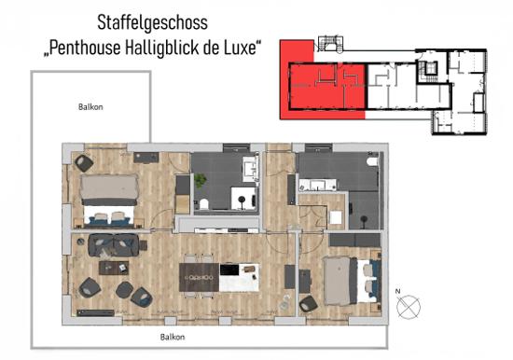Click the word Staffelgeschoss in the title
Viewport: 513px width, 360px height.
(x=152, y=23)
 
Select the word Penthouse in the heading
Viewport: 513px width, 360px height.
(x=84, y=48)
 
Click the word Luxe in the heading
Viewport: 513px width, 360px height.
(x=242, y=48)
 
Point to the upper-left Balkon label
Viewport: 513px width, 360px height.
(x=90, y=107)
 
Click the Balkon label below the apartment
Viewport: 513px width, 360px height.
(x=173, y=337)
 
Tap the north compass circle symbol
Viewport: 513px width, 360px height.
(x=409, y=307)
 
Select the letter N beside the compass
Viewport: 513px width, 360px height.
(x=398, y=291)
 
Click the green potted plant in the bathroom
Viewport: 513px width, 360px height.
(x=201, y=180)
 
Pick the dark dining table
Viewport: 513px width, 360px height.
(x=199, y=277)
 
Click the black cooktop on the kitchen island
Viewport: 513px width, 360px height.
(x=229, y=270)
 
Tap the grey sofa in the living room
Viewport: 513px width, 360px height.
(x=113, y=244)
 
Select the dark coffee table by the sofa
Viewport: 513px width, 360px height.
(x=114, y=268)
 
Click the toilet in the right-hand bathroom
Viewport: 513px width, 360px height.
(x=372, y=161)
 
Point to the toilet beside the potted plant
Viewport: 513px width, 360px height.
(x=204, y=204)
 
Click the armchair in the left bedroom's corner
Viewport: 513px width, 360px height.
(x=84, y=163)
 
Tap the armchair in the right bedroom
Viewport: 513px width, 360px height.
(x=308, y=304)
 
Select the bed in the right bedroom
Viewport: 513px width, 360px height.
(x=352, y=281)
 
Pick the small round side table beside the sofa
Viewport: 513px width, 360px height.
(x=80, y=242)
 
